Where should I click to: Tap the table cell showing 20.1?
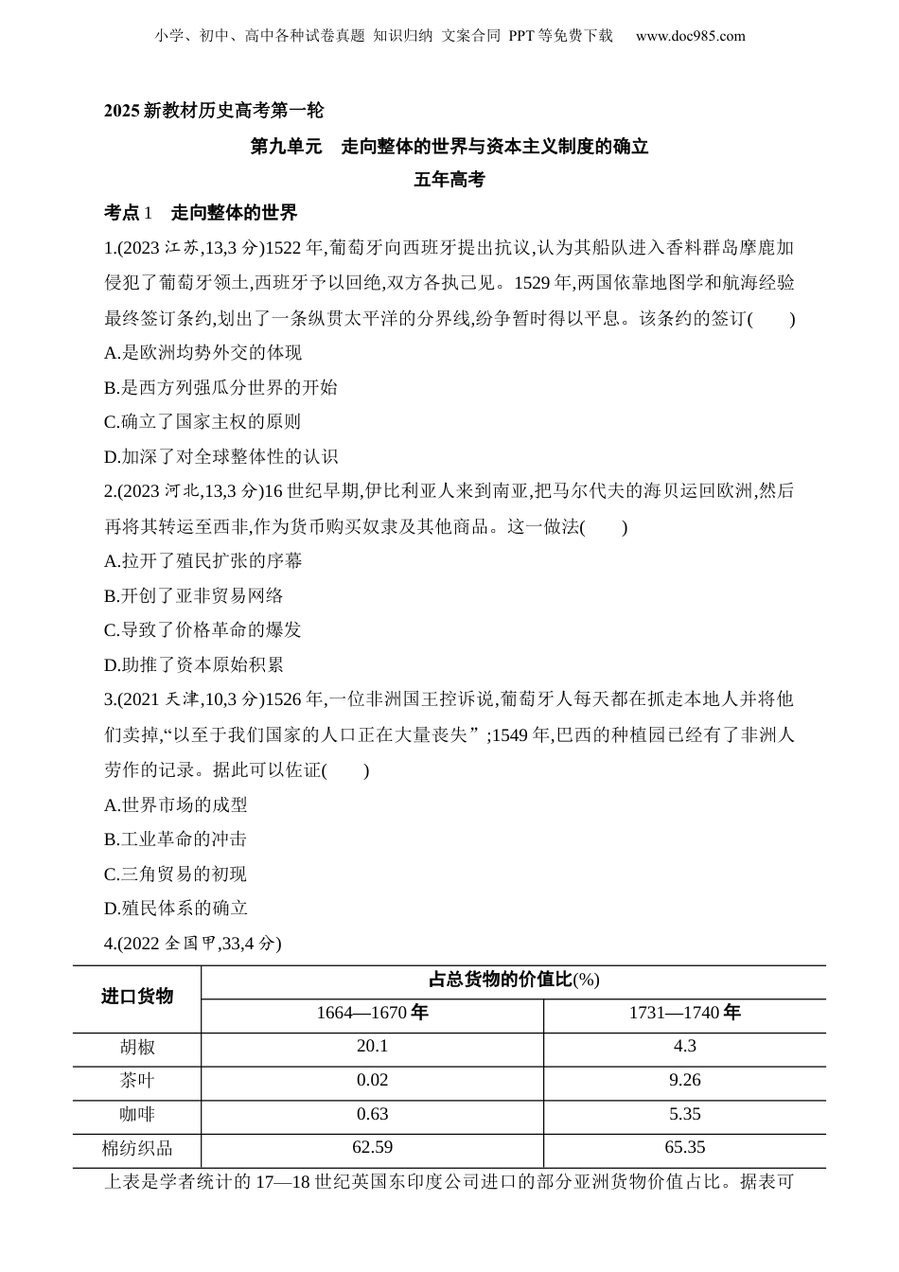[x=372, y=1046]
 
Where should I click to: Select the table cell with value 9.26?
[x=684, y=1080]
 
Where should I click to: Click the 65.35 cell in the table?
[x=684, y=1148]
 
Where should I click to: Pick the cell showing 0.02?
[x=372, y=1080]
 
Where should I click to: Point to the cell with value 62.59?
[x=372, y=1148]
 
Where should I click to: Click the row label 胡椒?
[x=137, y=1047]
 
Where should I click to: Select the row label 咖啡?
[x=137, y=1115]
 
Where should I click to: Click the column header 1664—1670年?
[x=372, y=1013]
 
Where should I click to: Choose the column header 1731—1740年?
[x=684, y=1013]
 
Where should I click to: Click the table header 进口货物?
[x=137, y=997]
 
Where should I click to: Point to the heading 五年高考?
[x=449, y=179]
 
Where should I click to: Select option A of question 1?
[x=203, y=353]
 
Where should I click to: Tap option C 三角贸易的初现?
[x=176, y=874]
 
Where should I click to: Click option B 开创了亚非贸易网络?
[x=194, y=595]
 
